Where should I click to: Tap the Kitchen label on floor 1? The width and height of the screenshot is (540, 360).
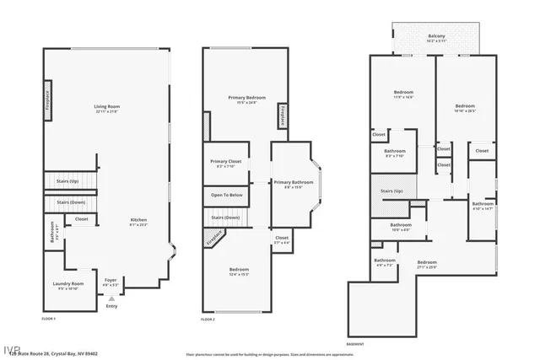(x=138, y=222)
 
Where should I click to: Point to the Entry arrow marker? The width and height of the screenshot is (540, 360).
(x=111, y=298)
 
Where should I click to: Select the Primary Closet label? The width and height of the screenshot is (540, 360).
(x=226, y=163)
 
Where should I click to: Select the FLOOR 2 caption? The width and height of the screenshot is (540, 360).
(x=208, y=320)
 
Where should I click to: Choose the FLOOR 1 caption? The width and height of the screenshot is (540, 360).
(x=49, y=319)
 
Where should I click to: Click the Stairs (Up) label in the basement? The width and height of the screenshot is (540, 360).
(x=392, y=191)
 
